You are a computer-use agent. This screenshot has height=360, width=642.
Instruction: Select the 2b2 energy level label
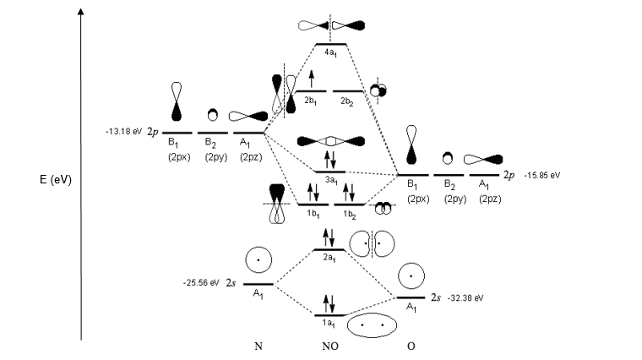[x=346, y=101]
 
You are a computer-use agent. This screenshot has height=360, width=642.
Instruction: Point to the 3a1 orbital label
[x=330, y=182]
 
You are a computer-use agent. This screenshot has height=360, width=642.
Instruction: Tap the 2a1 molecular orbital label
[x=329, y=260]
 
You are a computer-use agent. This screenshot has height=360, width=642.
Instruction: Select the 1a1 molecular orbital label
[x=329, y=322]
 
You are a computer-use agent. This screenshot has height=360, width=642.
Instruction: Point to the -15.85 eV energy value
[x=543, y=175]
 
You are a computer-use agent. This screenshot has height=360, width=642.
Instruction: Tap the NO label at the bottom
[x=329, y=347]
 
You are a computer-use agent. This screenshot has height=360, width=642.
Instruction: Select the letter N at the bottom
[x=258, y=347]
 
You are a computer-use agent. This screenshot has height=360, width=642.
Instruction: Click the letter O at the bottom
[x=411, y=347]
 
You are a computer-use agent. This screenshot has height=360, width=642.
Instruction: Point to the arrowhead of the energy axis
[x=80, y=12]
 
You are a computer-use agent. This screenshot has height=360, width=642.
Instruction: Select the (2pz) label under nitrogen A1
[x=253, y=156]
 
